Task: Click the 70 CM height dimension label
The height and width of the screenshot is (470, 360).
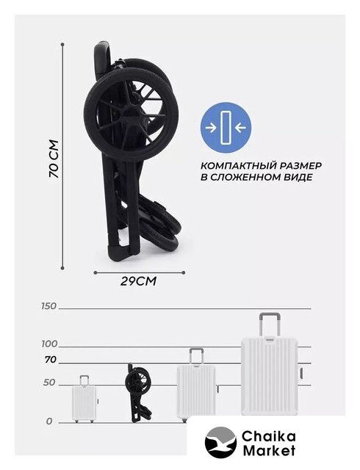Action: pos(54,159)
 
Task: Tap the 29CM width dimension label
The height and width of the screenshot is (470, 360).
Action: pos(138,281)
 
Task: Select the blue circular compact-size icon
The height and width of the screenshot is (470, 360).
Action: pos(226,127)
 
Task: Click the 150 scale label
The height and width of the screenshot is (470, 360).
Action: pos(49,306)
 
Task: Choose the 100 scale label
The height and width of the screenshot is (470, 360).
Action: pos(49,344)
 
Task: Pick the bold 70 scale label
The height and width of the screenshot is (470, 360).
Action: pos(51,360)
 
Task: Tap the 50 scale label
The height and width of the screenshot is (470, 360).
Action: pos(49,383)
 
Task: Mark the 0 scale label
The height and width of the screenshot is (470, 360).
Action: pos(49,422)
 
